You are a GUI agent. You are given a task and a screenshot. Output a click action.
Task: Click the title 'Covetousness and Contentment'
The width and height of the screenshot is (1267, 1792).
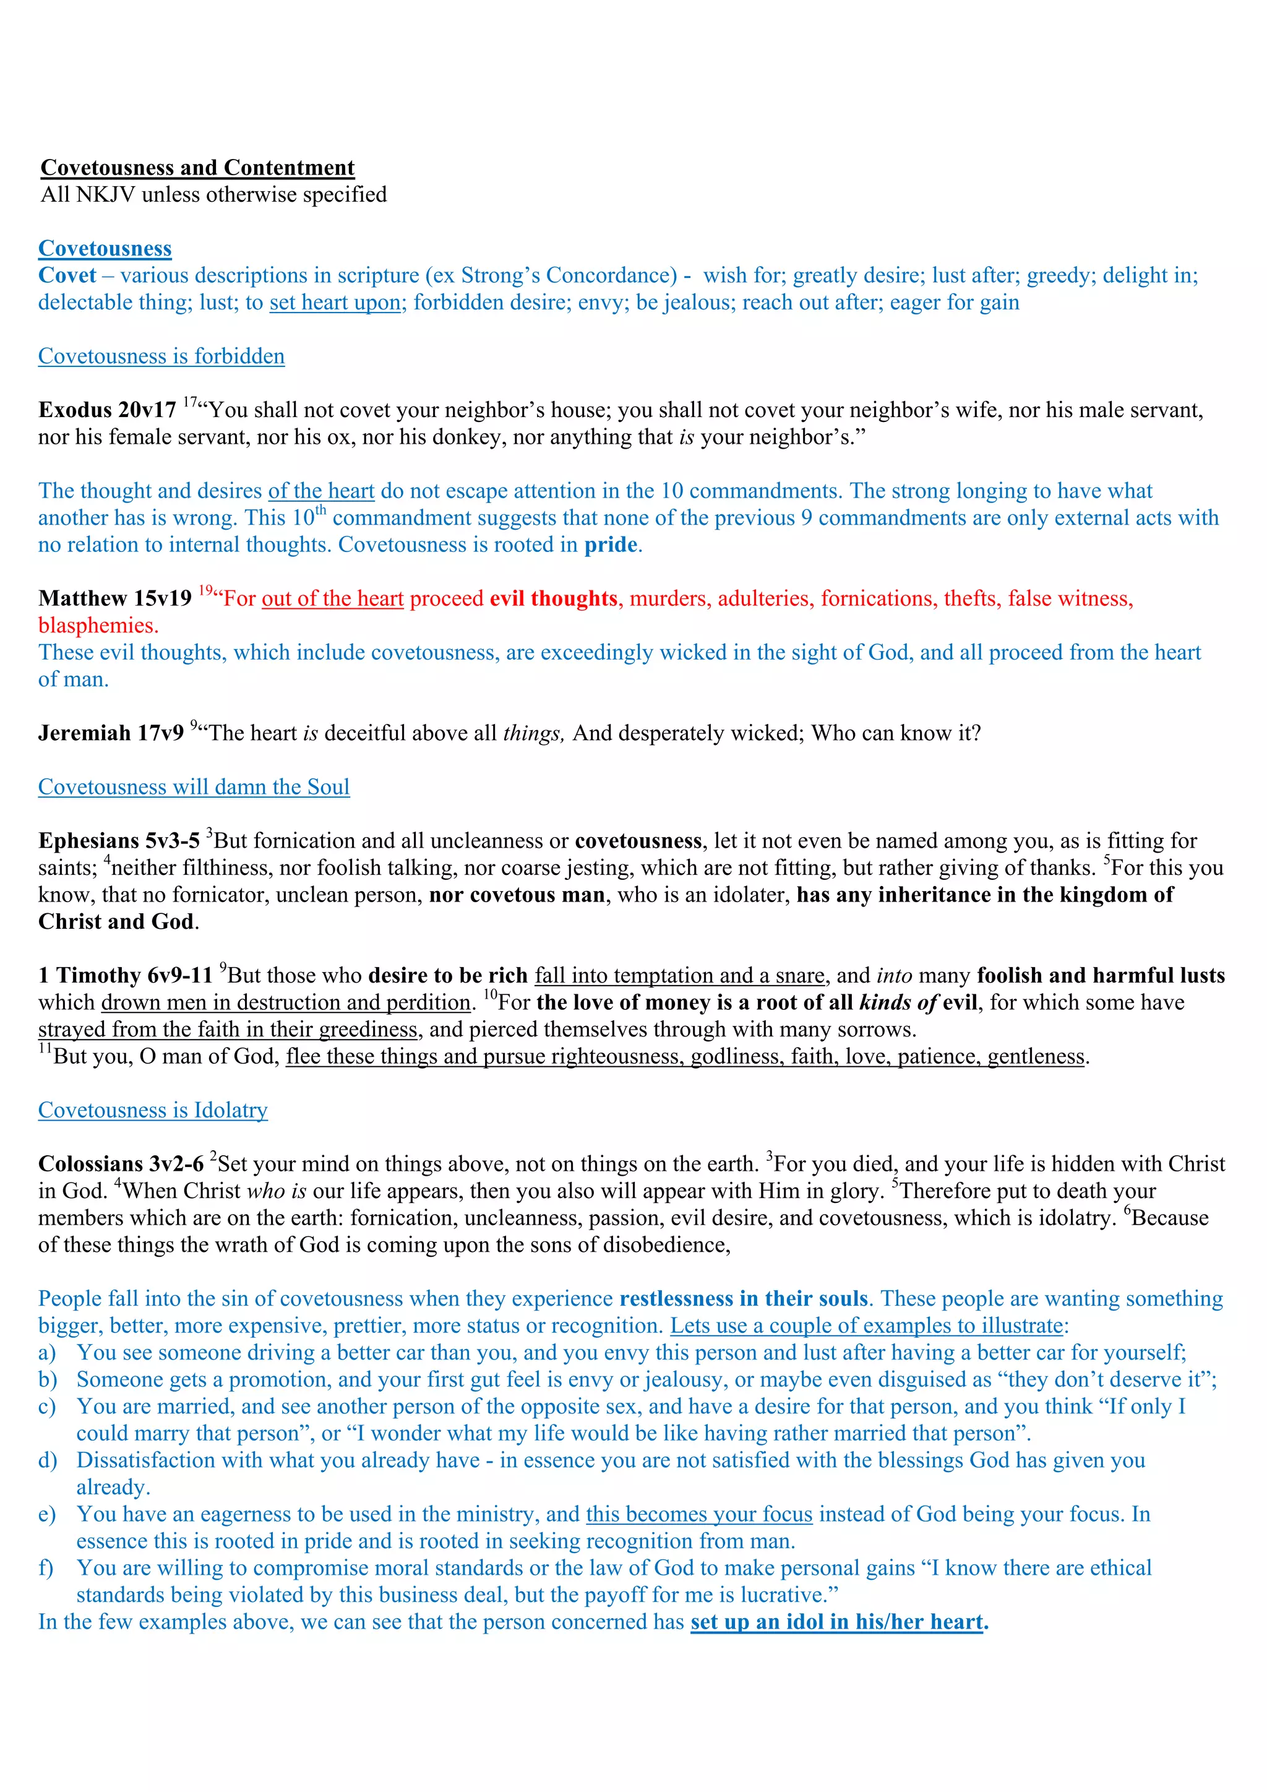click(x=197, y=168)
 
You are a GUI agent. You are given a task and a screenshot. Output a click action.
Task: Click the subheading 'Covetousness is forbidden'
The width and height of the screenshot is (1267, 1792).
click(x=161, y=356)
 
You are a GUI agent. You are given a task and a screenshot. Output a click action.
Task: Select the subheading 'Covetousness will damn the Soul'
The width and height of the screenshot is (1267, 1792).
click(x=194, y=788)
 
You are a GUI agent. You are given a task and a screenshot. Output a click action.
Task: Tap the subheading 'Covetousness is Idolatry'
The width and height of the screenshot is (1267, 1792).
click(x=153, y=1111)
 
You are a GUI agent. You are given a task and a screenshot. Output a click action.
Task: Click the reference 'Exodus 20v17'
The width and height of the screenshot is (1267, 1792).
click(x=108, y=410)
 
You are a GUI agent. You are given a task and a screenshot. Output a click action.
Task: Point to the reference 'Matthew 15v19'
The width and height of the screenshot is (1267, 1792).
click(x=114, y=598)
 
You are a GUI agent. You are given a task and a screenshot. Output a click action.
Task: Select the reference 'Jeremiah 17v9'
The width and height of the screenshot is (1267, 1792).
click(x=111, y=734)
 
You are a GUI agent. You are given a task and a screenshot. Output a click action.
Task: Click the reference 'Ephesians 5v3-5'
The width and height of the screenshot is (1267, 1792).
click(x=119, y=842)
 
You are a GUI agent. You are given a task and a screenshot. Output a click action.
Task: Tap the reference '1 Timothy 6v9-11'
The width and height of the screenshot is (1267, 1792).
click(x=125, y=976)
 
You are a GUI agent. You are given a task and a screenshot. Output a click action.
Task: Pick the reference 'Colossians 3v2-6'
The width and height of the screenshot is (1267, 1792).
click(x=121, y=1165)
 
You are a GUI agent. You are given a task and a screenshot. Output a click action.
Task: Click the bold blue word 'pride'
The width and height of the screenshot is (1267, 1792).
click(x=611, y=545)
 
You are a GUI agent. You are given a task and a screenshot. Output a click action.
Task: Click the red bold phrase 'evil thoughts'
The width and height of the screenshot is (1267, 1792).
click(x=554, y=598)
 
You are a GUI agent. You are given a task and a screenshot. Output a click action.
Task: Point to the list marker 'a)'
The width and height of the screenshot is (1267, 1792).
click(x=47, y=1353)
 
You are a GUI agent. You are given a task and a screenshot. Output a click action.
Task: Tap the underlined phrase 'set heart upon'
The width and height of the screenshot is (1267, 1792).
click(x=335, y=303)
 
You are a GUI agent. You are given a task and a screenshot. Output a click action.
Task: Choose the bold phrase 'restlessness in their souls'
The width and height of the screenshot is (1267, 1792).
click(x=744, y=1299)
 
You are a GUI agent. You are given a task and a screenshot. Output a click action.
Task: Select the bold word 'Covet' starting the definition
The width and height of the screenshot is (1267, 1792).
click(x=67, y=275)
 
